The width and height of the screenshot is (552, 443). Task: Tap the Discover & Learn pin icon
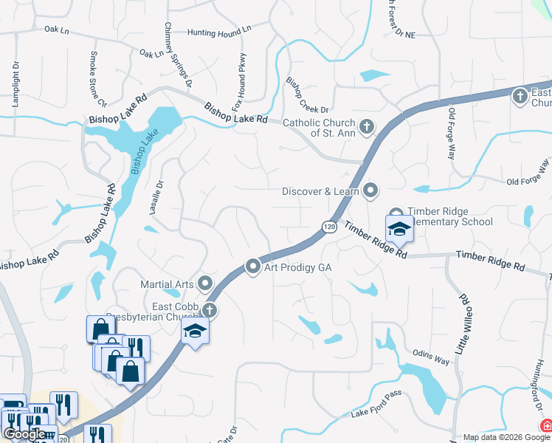370,191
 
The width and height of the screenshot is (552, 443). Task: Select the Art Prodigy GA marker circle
253,267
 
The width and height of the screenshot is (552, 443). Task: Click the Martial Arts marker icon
205,284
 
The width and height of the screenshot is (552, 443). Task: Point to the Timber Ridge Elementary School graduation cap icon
399,228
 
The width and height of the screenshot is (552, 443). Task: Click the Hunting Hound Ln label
219,32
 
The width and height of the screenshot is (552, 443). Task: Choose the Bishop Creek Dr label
306,92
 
